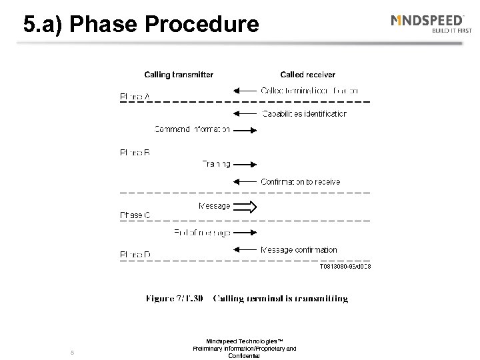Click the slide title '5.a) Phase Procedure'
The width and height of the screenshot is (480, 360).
pyautogui.click(x=141, y=25)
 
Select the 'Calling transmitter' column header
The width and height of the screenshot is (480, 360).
pyautogui.click(x=179, y=75)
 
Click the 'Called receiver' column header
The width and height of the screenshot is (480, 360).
pyautogui.click(x=307, y=75)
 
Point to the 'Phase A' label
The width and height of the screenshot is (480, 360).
pyautogui.click(x=135, y=97)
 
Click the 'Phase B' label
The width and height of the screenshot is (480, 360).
pyautogui.click(x=135, y=153)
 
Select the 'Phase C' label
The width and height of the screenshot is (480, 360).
pyautogui.click(x=135, y=215)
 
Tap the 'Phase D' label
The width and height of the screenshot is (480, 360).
pyautogui.click(x=135, y=254)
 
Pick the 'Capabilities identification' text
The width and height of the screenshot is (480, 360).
pyautogui.click(x=304, y=114)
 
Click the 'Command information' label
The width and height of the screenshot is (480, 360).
pyautogui.click(x=193, y=129)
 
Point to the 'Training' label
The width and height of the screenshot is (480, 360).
pyautogui.click(x=216, y=164)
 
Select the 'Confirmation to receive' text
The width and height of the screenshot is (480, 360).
pyautogui.click(x=300, y=181)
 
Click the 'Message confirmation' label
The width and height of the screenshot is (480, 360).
pyautogui.click(x=299, y=250)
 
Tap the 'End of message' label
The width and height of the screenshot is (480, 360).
pyautogui.click(x=202, y=233)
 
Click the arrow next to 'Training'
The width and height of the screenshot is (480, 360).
pyautogui.click(x=245, y=164)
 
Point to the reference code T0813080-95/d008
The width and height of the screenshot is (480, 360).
pyautogui.click(x=345, y=267)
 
